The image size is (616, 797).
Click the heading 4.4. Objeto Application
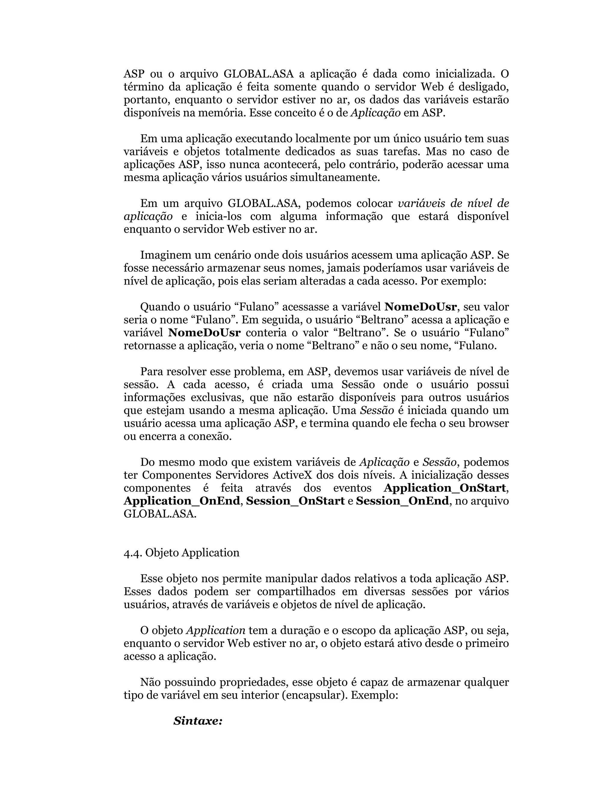pyautogui.click(x=181, y=552)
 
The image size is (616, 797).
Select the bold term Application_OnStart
pyautogui.click(x=445, y=488)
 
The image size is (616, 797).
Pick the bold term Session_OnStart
pyautogui.click(x=295, y=501)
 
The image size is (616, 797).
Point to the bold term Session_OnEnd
pyautogui.click(x=402, y=501)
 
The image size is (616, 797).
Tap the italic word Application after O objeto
pyautogui.click(x=216, y=630)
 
